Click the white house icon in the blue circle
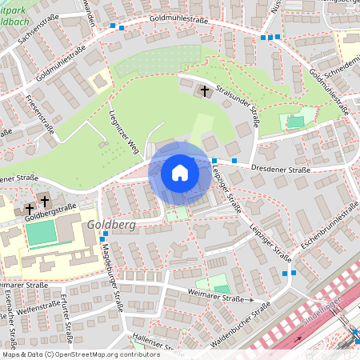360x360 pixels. pyautogui.click(x=179, y=173)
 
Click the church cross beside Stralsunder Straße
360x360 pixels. pyautogui.click(x=205, y=92)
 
